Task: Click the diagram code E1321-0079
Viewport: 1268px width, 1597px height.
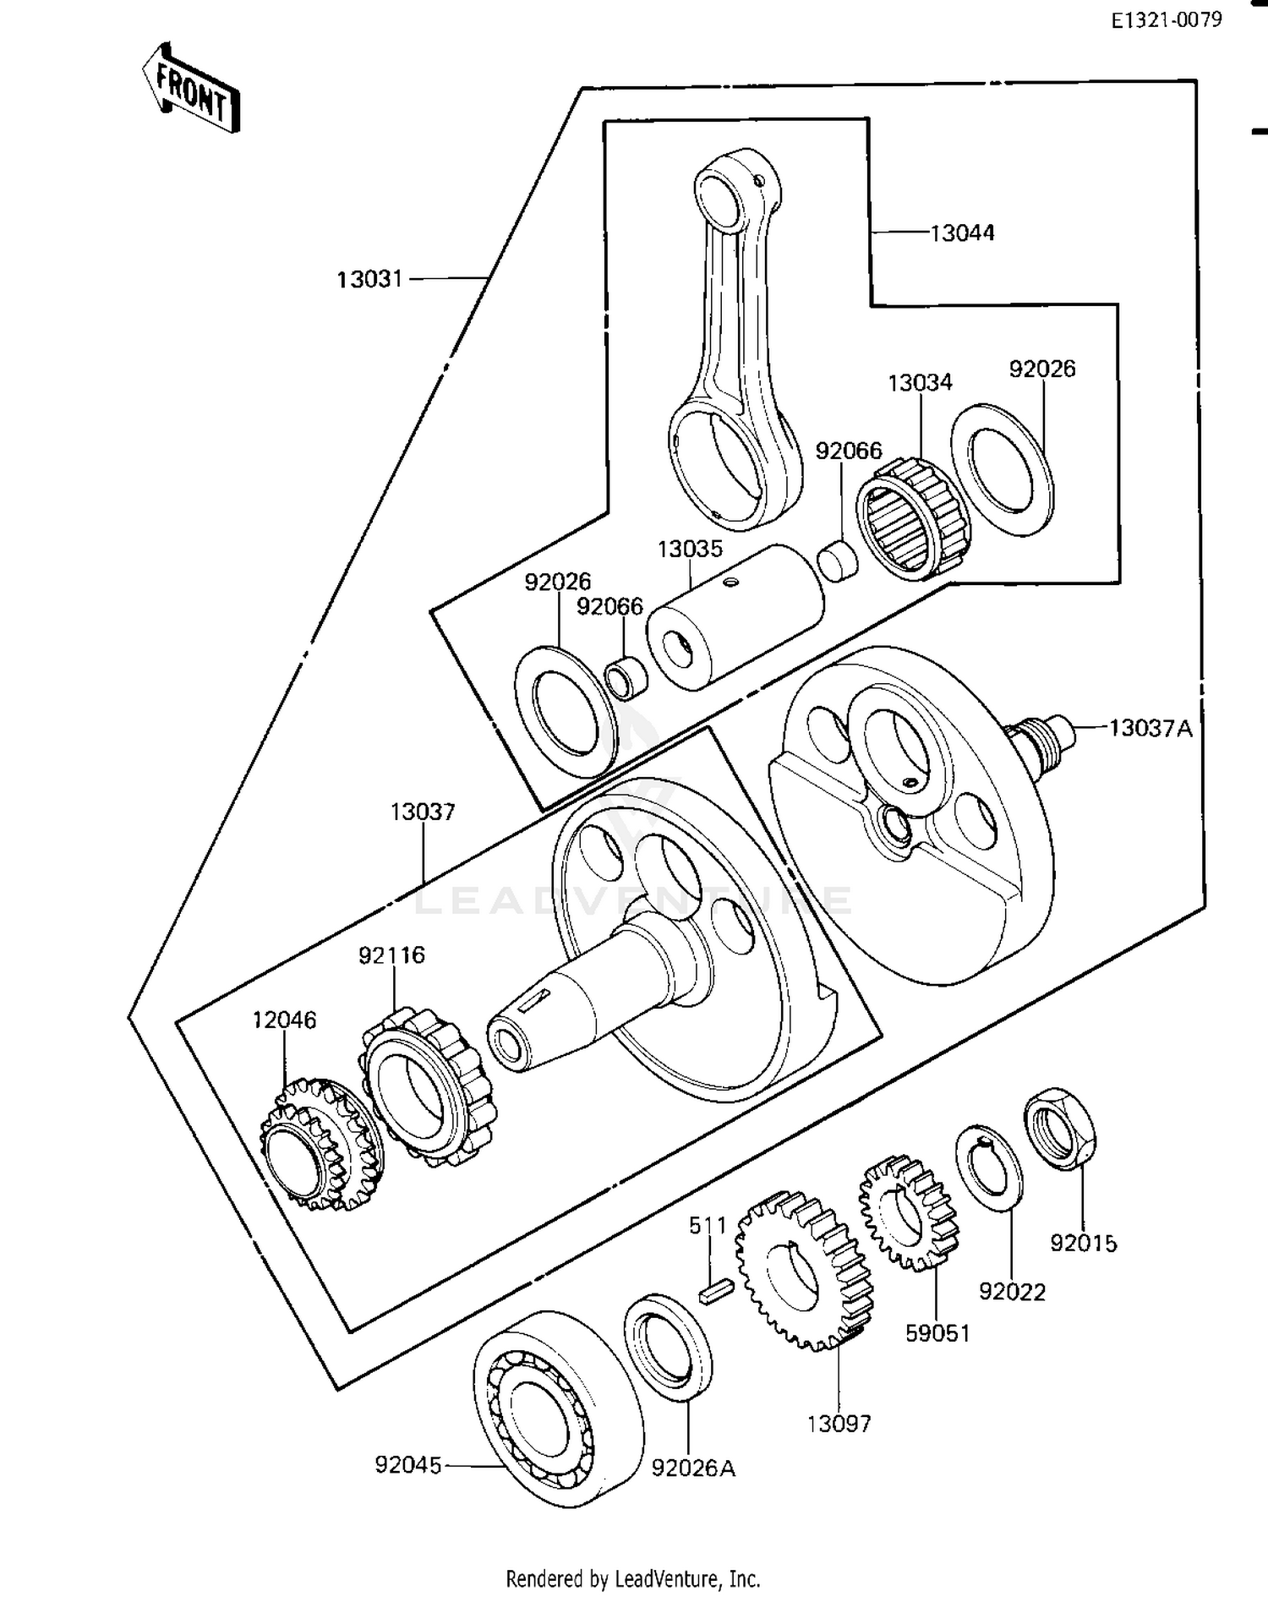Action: coord(1166,20)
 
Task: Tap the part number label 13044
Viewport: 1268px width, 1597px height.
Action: coord(962,232)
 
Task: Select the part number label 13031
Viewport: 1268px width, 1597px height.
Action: coord(369,279)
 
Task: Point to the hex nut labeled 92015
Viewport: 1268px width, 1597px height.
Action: coord(1062,1129)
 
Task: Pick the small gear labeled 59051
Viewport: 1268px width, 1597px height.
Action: coord(909,1214)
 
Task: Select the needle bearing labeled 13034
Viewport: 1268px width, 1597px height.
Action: coord(912,520)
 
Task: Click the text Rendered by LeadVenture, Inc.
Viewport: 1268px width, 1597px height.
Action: coord(632,1578)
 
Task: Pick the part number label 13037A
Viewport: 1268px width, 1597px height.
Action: coord(1150,728)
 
